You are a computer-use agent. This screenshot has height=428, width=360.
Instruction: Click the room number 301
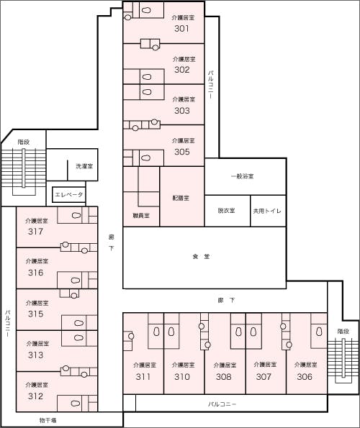[181, 29]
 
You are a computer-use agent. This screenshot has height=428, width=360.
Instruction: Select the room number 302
[181, 70]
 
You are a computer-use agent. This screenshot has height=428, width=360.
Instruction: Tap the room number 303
[181, 111]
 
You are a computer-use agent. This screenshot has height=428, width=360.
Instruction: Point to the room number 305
[181, 152]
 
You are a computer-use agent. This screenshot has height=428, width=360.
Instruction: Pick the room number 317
[36, 232]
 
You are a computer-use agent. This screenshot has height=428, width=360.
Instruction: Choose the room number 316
[36, 273]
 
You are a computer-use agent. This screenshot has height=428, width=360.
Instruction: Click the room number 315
[36, 314]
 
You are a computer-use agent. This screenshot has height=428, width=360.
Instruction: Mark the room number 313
[36, 355]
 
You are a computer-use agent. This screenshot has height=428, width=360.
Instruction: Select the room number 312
[36, 396]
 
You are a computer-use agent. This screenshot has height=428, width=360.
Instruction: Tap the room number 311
[143, 376]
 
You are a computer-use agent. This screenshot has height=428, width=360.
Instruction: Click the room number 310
[182, 376]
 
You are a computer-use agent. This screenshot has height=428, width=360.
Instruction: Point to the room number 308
[223, 376]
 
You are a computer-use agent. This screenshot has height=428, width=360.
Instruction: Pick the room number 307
[264, 376]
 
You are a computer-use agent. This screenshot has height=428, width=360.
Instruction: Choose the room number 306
[305, 376]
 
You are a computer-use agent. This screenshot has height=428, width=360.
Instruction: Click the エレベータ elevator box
[69, 195]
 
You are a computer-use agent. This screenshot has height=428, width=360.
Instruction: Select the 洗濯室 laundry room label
[84, 166]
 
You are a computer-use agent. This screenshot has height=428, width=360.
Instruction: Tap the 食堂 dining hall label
[201, 257]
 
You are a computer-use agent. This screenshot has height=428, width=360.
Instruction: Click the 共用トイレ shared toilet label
[267, 211]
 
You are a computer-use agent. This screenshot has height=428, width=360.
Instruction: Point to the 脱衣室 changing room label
[226, 211]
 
